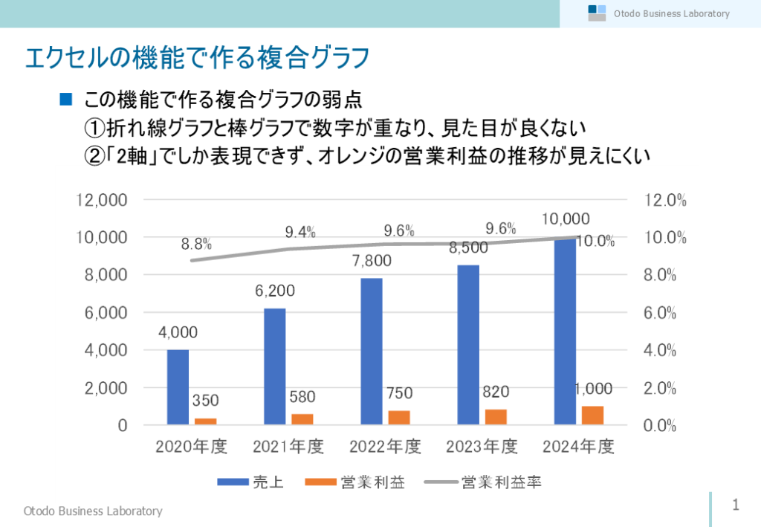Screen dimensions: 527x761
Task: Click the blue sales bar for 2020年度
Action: click(178, 387)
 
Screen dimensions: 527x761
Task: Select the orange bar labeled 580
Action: click(301, 419)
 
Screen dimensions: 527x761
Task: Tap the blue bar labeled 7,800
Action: click(371, 351)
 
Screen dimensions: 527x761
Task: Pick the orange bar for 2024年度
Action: click(592, 416)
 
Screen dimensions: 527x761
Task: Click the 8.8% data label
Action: click(197, 244)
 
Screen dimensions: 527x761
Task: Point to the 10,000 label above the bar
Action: click(566, 219)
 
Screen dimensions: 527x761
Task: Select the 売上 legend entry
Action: click(250, 482)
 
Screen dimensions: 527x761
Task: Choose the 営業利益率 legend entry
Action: click(482, 482)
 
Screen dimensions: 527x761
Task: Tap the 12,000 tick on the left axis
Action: click(103, 200)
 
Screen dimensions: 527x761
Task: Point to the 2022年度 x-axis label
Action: click(385, 447)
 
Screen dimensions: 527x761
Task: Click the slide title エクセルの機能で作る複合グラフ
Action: click(197, 58)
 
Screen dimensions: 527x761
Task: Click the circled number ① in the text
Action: click(94, 128)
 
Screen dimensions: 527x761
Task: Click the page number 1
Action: click(736, 505)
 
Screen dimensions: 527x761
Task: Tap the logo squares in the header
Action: click(597, 13)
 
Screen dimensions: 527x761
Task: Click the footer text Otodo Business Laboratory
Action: click(93, 511)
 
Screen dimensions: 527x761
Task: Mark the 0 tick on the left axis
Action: click(121, 426)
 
